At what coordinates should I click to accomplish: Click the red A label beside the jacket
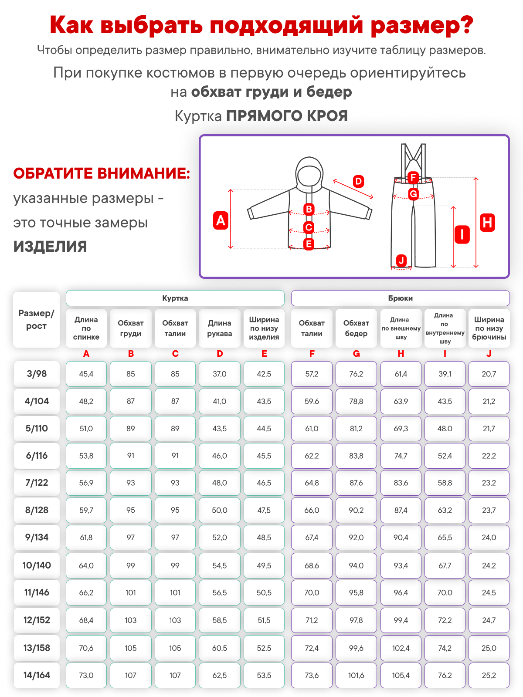click(x=221, y=220)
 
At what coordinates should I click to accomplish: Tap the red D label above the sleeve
click(x=358, y=181)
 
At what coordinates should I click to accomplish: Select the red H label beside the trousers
click(x=487, y=223)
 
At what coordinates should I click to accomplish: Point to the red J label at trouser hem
click(x=401, y=261)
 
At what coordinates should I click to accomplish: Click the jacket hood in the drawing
click(x=309, y=172)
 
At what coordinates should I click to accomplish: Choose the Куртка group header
click(x=175, y=298)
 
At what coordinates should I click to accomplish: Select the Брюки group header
click(x=400, y=298)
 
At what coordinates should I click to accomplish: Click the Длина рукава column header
click(x=220, y=328)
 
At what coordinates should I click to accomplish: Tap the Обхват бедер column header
click(x=356, y=328)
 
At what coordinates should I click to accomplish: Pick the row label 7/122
click(x=37, y=483)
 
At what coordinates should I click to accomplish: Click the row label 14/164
click(x=37, y=675)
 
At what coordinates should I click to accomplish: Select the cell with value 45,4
click(x=86, y=374)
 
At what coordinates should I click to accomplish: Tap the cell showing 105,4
click(x=401, y=675)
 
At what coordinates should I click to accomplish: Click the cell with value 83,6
click(x=401, y=483)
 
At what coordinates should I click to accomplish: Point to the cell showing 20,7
click(x=489, y=374)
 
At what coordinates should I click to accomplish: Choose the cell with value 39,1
click(x=445, y=374)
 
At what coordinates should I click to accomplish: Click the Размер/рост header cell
click(x=36, y=320)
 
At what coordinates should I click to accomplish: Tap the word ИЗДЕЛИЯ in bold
click(x=50, y=247)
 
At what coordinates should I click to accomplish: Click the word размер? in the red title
click(x=421, y=25)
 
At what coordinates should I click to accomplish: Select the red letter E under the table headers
click(x=264, y=354)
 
